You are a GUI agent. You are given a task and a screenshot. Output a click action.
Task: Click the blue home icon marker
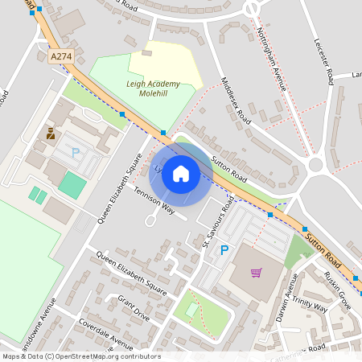(x=181, y=174)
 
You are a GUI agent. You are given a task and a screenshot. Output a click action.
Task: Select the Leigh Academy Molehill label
(x=158, y=87)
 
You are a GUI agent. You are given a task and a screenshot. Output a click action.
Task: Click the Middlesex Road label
(x=236, y=101)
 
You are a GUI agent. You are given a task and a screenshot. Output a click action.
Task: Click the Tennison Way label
(x=154, y=201)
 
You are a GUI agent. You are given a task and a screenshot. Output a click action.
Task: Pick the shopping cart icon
(x=257, y=273)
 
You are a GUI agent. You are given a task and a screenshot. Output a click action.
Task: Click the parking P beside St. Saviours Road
(x=224, y=251)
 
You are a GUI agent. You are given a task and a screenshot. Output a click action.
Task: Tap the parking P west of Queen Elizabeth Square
(x=76, y=152)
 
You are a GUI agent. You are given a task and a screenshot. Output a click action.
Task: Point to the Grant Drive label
(x=134, y=307)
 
